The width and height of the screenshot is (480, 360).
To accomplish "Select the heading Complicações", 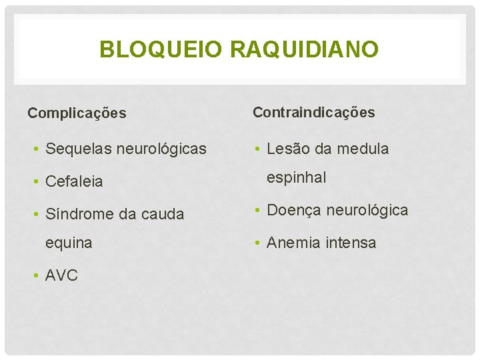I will click(x=77, y=113).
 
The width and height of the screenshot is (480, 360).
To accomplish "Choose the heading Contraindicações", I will click(x=313, y=113).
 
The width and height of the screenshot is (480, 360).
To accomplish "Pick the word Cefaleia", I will click(x=74, y=181).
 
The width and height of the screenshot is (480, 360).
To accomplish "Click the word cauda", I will click(x=163, y=215).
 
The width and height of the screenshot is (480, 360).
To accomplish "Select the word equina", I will click(x=69, y=243).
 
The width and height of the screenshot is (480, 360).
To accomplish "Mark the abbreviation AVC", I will click(x=61, y=275).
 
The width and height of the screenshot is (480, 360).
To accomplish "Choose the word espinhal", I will click(x=297, y=178).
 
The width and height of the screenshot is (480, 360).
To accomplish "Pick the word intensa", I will click(x=351, y=243).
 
